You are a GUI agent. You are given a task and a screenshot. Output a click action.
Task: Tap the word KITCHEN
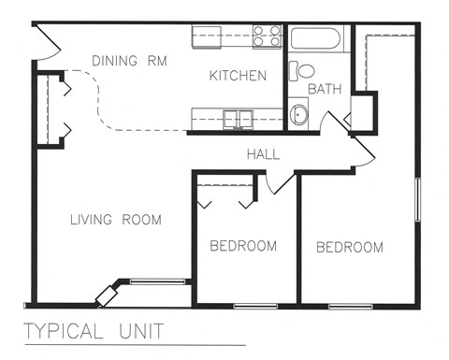239,76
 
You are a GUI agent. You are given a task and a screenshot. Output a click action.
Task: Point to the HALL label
264,154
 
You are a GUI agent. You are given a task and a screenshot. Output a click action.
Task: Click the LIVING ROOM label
116,221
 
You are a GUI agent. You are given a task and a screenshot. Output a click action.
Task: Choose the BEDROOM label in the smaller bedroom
243,247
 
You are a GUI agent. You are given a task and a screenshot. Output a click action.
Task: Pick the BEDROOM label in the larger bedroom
350,248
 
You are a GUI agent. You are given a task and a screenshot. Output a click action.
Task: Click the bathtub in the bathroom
317,38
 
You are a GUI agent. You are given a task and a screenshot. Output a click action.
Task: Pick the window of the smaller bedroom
255,306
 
